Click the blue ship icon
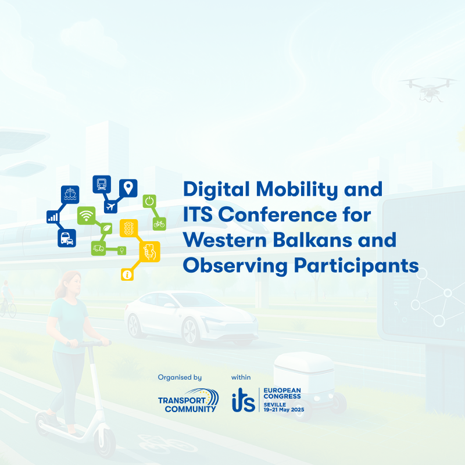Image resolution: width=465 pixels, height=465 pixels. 70,195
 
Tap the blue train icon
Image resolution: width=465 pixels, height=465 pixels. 102,184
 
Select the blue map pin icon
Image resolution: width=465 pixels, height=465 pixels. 128,188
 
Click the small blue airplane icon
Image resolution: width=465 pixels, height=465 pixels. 110,206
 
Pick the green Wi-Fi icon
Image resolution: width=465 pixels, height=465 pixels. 86,216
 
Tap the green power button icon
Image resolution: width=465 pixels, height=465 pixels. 149,201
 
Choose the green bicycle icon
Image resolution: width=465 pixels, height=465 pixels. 159,224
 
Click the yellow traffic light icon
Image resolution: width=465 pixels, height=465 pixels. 128,228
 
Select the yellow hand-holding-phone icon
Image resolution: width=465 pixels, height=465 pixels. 150,252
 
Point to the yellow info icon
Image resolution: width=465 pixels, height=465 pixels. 127,274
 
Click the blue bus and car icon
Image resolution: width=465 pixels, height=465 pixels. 67,238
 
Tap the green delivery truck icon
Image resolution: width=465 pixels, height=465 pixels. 98,248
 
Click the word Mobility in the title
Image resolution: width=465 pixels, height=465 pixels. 296,190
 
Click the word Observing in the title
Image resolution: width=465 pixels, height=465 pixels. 235,266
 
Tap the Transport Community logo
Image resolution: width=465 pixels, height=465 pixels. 188,400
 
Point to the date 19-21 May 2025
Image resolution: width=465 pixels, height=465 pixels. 284,410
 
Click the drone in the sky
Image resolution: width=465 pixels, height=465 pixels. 429,88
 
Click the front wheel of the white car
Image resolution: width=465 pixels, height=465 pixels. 190,330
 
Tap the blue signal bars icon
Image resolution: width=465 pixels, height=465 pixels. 53,217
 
